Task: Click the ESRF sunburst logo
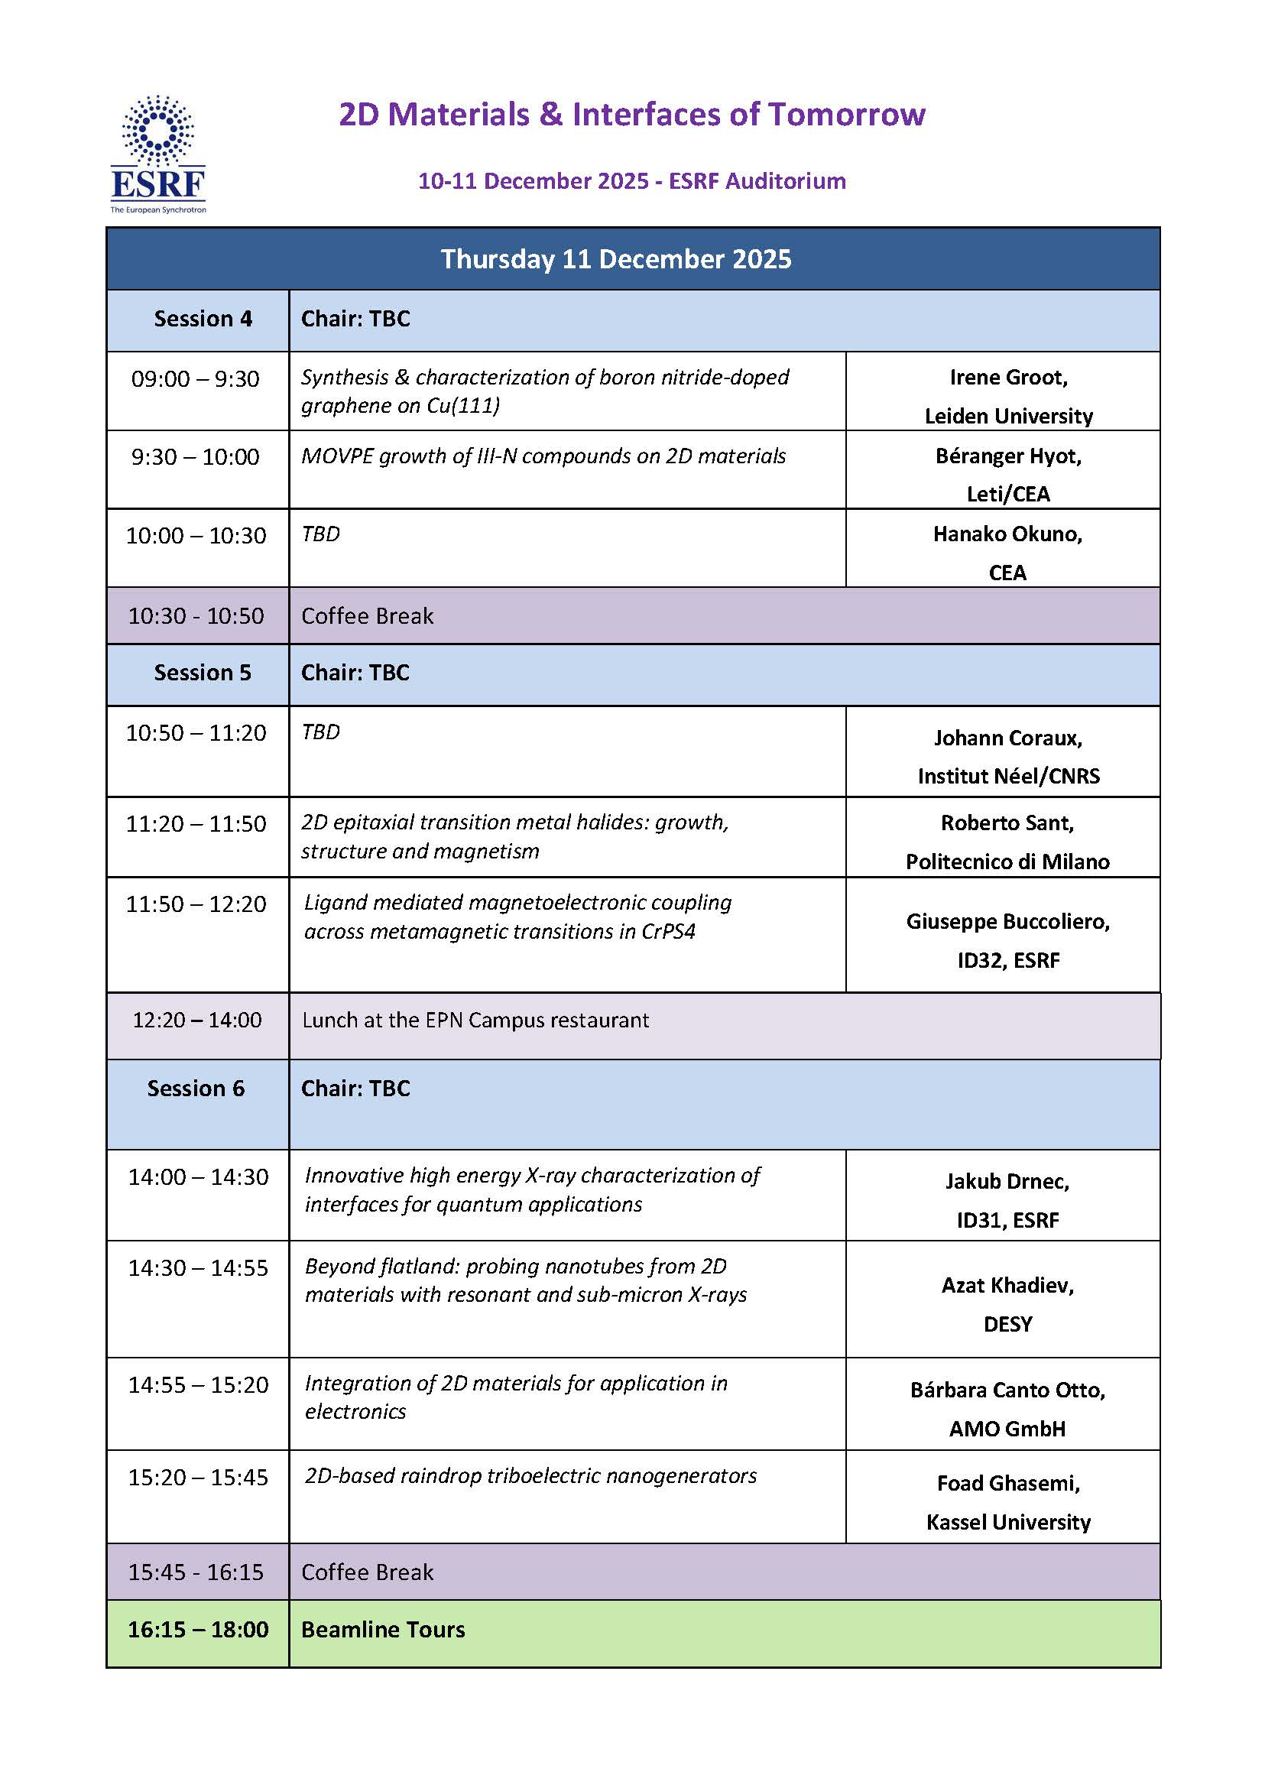click(x=158, y=132)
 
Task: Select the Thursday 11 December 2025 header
click(x=615, y=258)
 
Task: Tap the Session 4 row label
click(x=203, y=319)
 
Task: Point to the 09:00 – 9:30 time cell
click(x=196, y=378)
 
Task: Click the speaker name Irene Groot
click(x=1008, y=377)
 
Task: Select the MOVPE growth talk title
click(x=543, y=456)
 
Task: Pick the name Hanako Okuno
click(x=1007, y=534)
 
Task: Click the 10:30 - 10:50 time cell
click(x=196, y=615)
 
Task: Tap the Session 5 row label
click(x=203, y=673)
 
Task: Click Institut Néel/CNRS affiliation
click(x=1008, y=776)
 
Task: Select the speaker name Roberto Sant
click(x=1007, y=823)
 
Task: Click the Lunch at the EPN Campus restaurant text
click(x=475, y=1020)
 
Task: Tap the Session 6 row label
click(x=196, y=1088)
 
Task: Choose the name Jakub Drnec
click(x=1007, y=1181)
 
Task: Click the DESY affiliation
click(x=1007, y=1324)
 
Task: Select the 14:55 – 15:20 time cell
click(x=198, y=1384)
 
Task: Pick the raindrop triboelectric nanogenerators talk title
click(x=530, y=1475)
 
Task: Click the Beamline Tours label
click(x=382, y=1629)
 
